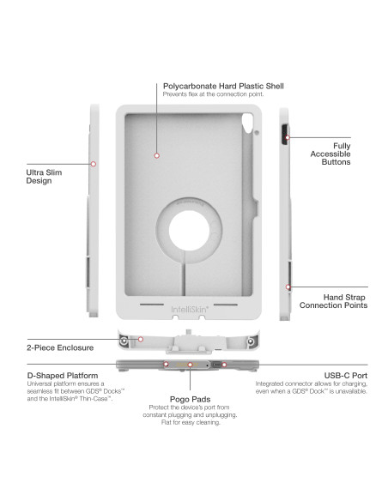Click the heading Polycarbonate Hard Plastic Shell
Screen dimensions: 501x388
point(223,87)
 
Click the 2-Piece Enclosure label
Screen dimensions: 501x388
point(47,349)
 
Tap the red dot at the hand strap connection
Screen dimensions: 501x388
point(288,287)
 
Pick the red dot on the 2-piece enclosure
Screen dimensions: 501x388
point(141,341)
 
